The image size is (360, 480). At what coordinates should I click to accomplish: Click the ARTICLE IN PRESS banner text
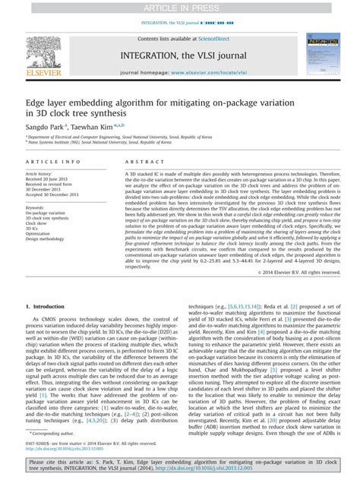[x=179, y=7]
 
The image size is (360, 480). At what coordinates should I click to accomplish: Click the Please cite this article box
[x=179, y=466]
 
